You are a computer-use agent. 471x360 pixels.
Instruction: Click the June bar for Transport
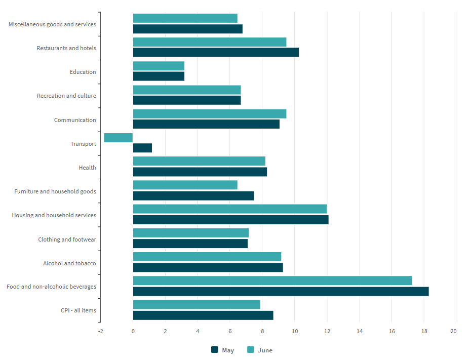(119, 138)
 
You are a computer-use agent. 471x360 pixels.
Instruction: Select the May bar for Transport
(142, 148)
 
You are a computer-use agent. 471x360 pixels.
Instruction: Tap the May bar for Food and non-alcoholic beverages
(281, 291)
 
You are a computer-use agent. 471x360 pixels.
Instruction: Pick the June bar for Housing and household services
(230, 209)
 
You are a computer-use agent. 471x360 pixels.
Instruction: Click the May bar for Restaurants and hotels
(216, 52)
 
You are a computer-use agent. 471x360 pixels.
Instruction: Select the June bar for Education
(159, 66)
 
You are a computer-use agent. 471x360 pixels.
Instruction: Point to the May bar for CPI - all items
(203, 315)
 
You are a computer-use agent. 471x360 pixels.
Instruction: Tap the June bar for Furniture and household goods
(185, 185)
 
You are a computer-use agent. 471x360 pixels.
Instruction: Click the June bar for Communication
(210, 114)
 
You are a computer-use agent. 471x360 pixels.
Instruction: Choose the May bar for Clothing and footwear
(190, 244)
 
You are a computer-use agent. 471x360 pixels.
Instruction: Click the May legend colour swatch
(214, 350)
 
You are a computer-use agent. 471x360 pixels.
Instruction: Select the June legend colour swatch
(250, 350)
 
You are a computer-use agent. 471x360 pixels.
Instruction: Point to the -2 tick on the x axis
(100, 331)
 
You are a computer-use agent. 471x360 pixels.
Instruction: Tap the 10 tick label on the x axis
(295, 331)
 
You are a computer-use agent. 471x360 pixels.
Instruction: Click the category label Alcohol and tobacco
(69, 263)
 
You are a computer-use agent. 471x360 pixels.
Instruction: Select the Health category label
(87, 168)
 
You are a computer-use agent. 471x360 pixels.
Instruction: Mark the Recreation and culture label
(66, 96)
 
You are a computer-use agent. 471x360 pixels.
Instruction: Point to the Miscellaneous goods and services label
(52, 24)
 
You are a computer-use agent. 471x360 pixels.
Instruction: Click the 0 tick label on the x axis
(133, 331)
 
